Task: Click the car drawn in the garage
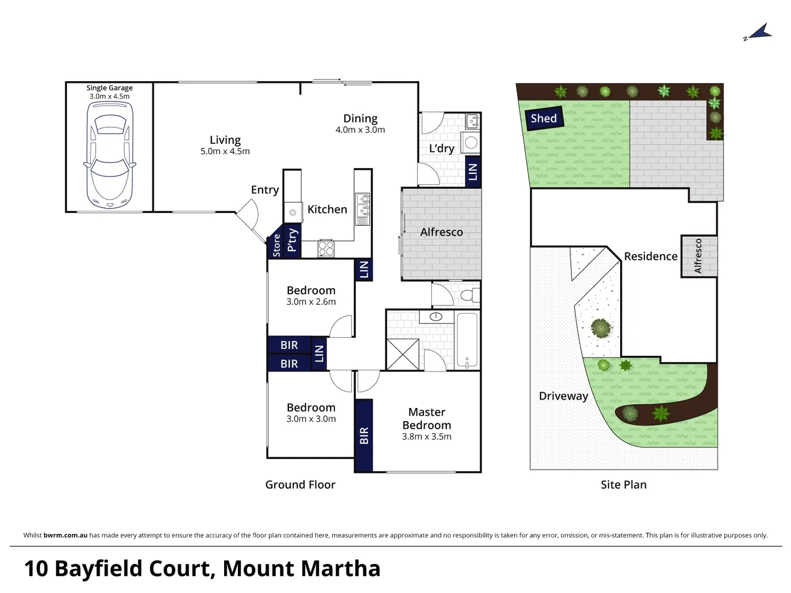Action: (x=110, y=155)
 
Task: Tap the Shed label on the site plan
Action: (x=544, y=119)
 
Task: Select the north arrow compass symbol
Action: (x=759, y=32)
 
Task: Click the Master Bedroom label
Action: (x=427, y=418)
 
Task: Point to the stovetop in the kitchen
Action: (x=326, y=249)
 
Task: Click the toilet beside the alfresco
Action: (x=467, y=295)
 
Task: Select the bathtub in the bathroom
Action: (x=467, y=340)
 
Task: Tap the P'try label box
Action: (x=292, y=240)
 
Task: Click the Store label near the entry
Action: (x=276, y=245)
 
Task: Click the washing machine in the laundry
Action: (x=471, y=143)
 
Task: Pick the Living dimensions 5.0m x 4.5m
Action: (x=225, y=152)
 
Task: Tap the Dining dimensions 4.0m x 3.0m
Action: (x=360, y=130)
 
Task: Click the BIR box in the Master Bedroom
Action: (x=364, y=435)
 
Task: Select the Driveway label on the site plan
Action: (x=563, y=396)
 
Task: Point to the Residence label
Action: (x=650, y=256)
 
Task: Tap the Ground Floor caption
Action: (x=300, y=485)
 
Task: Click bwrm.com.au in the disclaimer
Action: (x=65, y=535)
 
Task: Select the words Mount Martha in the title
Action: (x=302, y=569)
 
